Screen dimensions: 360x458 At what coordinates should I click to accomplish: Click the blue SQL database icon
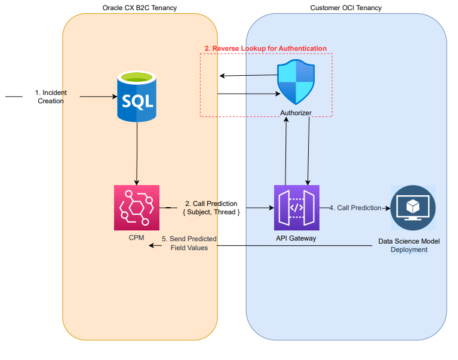pyautogui.click(x=137, y=96)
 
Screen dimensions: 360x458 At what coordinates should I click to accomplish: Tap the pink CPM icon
pyautogui.click(x=137, y=207)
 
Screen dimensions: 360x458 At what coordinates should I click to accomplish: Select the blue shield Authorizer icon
pyautogui.click(x=296, y=82)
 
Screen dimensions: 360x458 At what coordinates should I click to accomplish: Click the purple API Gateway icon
pyautogui.click(x=296, y=207)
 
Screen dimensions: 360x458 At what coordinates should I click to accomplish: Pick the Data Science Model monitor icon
pyautogui.click(x=412, y=207)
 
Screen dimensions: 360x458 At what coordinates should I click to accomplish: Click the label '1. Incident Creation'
pyautogui.click(x=51, y=97)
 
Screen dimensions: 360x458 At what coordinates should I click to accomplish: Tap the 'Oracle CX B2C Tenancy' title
pyautogui.click(x=139, y=8)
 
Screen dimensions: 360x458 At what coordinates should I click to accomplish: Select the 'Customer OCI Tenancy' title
pyautogui.click(x=346, y=8)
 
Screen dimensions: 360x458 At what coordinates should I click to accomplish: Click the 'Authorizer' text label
pyautogui.click(x=296, y=113)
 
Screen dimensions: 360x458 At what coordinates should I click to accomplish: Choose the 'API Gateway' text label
pyautogui.click(x=296, y=238)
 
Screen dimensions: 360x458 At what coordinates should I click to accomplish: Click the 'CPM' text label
pyautogui.click(x=137, y=238)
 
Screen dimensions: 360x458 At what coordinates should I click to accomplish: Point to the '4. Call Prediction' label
pyautogui.click(x=355, y=208)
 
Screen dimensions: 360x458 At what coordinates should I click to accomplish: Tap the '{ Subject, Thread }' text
pyautogui.click(x=211, y=212)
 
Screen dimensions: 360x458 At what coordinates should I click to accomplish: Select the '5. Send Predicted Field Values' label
pyautogui.click(x=189, y=243)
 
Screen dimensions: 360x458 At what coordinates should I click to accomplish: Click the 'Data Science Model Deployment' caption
pyautogui.click(x=409, y=245)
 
